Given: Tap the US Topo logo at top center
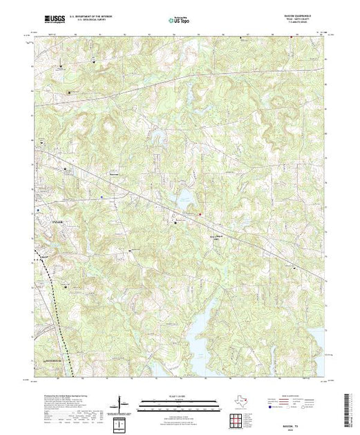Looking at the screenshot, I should click(x=179, y=20).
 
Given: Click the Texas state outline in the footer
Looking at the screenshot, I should click(x=239, y=400).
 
